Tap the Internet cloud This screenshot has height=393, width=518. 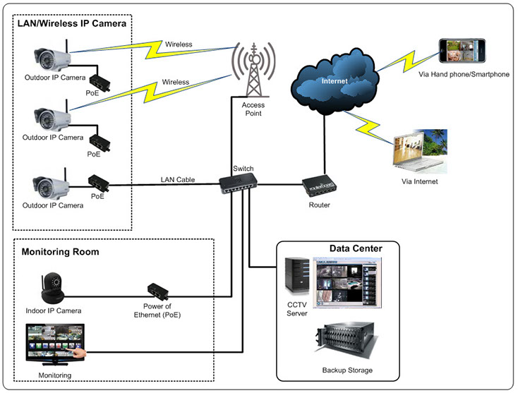[x=335, y=81]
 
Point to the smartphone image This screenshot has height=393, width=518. [x=463, y=53]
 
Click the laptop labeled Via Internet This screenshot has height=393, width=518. [x=419, y=152]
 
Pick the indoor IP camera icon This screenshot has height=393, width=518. [x=54, y=286]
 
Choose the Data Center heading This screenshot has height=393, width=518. [x=356, y=249]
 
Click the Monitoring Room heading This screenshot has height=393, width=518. [x=60, y=252]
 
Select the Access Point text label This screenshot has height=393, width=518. [x=253, y=109]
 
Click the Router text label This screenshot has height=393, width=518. [x=319, y=205]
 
